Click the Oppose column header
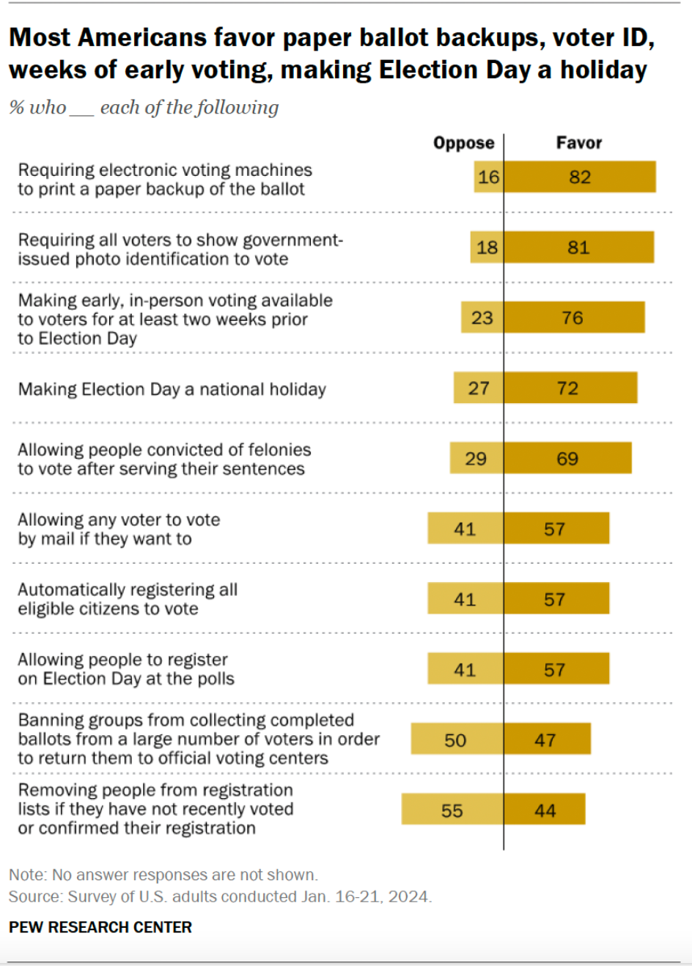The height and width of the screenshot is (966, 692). pyautogui.click(x=463, y=143)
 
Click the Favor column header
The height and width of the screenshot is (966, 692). pyautogui.click(x=578, y=143)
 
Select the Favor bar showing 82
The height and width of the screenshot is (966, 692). pyautogui.click(x=580, y=177)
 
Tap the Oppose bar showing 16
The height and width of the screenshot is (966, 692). pyautogui.click(x=488, y=177)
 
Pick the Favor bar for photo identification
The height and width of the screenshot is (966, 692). pyautogui.click(x=578, y=248)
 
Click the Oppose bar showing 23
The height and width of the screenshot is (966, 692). pyautogui.click(x=482, y=318)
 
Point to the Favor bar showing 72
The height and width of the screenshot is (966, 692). pyautogui.click(x=570, y=388)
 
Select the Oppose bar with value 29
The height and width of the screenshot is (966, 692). pyautogui.click(x=476, y=459)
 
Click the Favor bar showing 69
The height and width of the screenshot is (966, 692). pyautogui.click(x=567, y=459)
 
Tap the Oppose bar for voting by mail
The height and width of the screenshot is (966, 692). pyautogui.click(x=465, y=529)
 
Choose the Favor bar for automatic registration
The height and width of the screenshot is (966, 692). pyautogui.click(x=556, y=600)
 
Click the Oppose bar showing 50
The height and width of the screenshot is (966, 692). pyautogui.click(x=457, y=740)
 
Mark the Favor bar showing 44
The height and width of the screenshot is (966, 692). pyautogui.click(x=545, y=811)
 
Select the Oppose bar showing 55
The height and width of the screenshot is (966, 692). pyautogui.click(x=452, y=811)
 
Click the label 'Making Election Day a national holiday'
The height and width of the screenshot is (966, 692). pyautogui.click(x=172, y=389)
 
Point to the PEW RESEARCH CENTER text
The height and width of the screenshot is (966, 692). pyautogui.click(x=100, y=927)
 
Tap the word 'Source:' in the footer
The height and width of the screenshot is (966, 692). pyautogui.click(x=35, y=897)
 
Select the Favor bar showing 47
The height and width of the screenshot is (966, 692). pyautogui.click(x=547, y=740)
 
